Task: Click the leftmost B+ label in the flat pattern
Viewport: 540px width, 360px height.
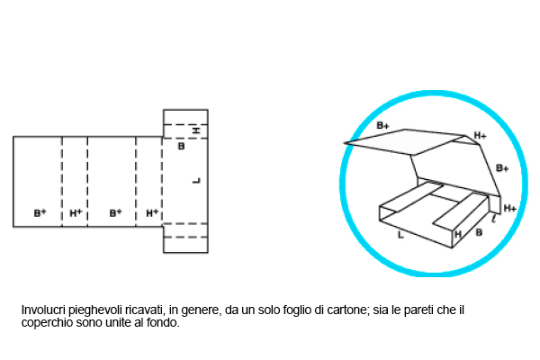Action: (40, 213)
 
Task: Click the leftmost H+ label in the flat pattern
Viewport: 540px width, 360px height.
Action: (76, 213)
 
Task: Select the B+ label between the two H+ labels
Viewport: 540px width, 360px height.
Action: (115, 213)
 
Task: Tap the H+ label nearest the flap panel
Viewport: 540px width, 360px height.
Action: (152, 213)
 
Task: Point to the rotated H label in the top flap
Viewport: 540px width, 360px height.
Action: (196, 131)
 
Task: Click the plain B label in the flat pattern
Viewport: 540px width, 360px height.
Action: (181, 146)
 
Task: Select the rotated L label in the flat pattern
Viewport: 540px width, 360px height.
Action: (196, 181)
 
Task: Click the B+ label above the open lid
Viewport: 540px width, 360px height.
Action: (382, 125)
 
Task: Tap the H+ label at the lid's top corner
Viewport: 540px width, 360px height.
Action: (481, 136)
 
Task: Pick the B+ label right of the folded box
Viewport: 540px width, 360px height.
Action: (502, 168)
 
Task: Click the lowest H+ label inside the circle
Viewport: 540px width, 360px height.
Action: (509, 208)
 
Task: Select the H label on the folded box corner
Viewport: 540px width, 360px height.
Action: (458, 234)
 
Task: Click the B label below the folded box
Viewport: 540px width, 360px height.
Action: (478, 232)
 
